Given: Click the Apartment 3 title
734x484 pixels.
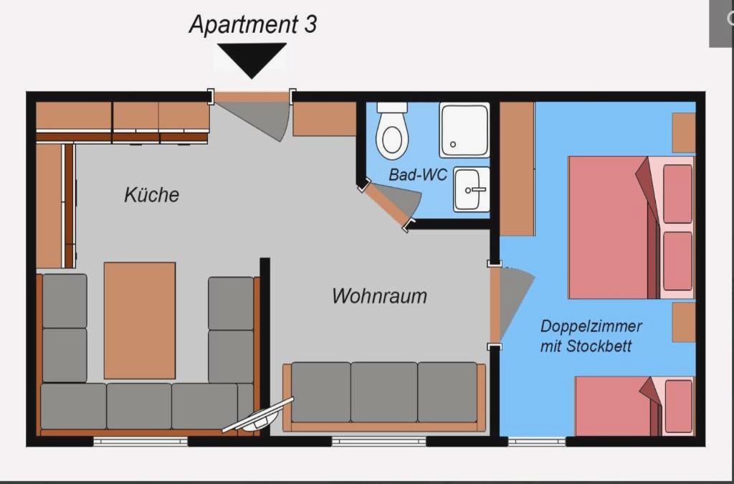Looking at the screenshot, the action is [x=253, y=24].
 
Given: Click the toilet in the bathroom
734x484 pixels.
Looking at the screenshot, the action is [x=392, y=131].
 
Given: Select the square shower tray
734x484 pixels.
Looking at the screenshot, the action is [x=464, y=130].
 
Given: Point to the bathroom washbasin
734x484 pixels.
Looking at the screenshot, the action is [x=472, y=189].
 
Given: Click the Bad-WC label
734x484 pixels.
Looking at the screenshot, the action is [x=418, y=175].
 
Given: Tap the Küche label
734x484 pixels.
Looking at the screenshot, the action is [x=151, y=195].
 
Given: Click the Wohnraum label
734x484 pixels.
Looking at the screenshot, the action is [x=379, y=296].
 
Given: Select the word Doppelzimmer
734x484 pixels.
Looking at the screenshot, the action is [x=591, y=326].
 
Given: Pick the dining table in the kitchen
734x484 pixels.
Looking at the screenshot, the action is [x=140, y=321].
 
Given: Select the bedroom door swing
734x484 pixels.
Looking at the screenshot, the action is [x=514, y=300].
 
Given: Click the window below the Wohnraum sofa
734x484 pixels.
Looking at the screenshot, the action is [x=378, y=441].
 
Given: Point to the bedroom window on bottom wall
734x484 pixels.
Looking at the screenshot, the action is [x=536, y=441].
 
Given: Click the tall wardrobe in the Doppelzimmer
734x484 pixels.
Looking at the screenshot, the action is [x=518, y=169].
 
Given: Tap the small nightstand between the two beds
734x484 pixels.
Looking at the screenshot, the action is [x=683, y=322].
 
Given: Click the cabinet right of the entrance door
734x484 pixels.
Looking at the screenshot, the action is [x=325, y=119].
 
